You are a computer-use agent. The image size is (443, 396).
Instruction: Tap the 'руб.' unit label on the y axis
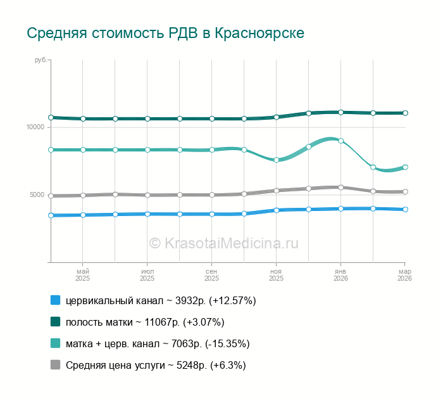point(41,60)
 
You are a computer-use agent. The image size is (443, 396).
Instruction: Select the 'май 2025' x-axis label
point(82,274)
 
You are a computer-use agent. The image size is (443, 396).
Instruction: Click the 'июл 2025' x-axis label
point(147,274)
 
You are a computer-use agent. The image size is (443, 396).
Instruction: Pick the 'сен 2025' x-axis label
point(211,274)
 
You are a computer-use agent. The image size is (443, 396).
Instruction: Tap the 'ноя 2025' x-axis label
point(276,274)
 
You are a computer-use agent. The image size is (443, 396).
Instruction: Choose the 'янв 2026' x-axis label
point(340,274)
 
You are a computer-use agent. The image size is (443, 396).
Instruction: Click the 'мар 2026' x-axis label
point(404,274)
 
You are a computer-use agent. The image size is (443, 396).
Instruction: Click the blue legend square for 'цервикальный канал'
point(55,300)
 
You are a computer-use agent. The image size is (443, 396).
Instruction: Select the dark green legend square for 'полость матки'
point(55,322)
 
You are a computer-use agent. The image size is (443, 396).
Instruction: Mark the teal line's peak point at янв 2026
point(340,141)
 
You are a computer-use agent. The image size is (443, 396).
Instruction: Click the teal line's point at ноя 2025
point(276,160)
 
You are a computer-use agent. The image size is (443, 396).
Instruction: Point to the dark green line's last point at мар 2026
point(405,113)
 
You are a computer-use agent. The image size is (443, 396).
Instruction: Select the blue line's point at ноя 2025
point(276,210)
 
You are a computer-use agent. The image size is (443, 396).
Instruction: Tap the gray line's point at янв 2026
point(340,188)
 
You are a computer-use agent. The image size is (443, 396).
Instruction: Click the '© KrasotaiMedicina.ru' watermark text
point(223,243)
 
